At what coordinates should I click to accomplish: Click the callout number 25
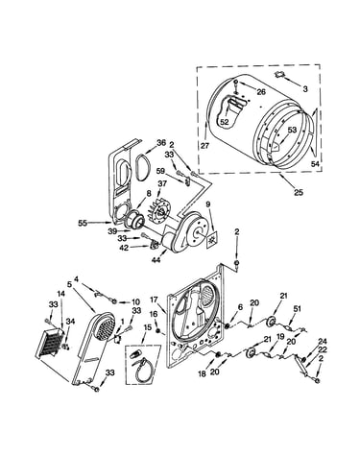pos(299,193)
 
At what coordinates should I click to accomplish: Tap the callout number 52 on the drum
pos(225,122)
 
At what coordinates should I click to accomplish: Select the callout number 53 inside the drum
pos(292,130)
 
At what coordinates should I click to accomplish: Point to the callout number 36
pos(161,143)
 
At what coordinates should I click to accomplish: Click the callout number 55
pos(83,223)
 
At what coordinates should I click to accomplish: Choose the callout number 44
pos(156,260)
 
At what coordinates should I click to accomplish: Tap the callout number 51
pos(298,309)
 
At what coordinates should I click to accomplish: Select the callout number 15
pos(147,327)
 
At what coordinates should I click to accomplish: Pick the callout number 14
pos(60,293)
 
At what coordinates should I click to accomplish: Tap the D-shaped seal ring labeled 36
pos(141,166)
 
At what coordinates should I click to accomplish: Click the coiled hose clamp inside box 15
pos(141,371)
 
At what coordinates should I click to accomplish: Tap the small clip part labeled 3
pos(280,75)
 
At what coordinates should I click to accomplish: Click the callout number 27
pos(204,146)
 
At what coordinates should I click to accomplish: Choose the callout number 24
pos(321,343)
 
